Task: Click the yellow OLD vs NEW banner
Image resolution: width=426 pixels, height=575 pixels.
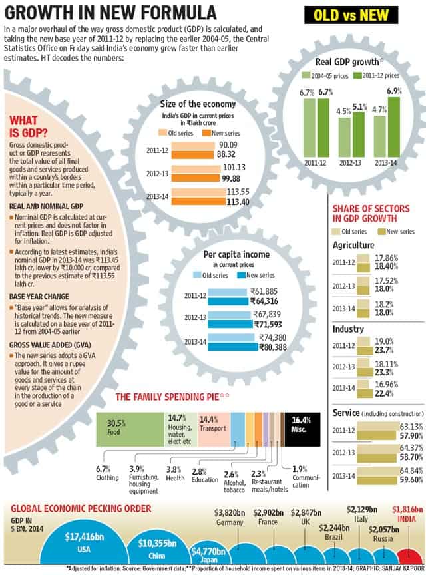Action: (x=351, y=15)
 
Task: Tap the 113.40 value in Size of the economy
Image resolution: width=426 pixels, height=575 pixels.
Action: (x=238, y=202)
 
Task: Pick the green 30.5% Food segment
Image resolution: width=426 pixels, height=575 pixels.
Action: (x=130, y=429)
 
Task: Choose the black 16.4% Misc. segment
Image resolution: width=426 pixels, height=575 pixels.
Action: (x=302, y=429)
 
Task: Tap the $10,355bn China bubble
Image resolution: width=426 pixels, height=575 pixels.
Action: (x=157, y=548)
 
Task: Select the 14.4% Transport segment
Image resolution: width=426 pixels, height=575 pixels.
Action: (x=214, y=429)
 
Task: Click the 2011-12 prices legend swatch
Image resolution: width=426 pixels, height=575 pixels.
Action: (x=357, y=75)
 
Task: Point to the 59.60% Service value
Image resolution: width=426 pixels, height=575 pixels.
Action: (x=411, y=480)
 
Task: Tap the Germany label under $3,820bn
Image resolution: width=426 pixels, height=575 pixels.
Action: (x=230, y=522)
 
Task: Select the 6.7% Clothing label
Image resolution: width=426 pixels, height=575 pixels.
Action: (x=107, y=473)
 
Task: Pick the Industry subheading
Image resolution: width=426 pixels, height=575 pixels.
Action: (x=348, y=329)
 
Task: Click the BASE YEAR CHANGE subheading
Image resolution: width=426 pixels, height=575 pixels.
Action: (x=39, y=297)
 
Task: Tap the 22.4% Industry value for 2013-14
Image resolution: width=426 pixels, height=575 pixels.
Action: (x=384, y=393)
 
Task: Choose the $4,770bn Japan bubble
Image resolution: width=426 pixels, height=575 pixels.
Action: (x=208, y=554)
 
